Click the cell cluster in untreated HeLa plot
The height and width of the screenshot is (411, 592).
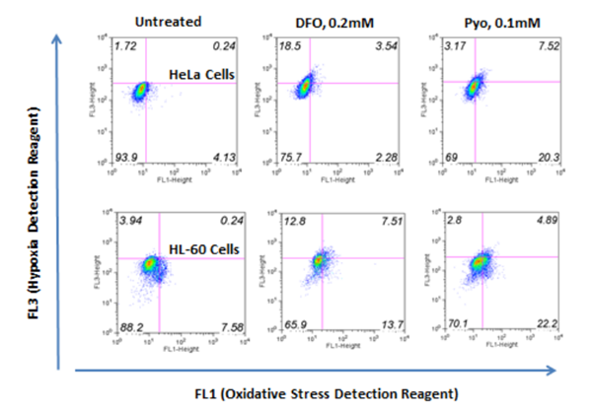click(x=142, y=90)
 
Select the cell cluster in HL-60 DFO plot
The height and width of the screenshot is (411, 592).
click(x=320, y=262)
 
